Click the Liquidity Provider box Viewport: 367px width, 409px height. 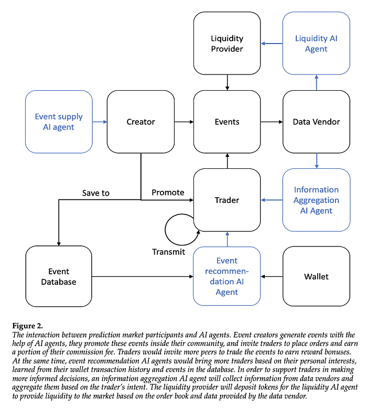point(227,44)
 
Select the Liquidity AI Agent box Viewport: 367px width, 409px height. point(316,44)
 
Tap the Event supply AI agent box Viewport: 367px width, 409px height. point(59,122)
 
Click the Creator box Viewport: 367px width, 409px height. point(141,122)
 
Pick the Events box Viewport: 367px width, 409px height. point(227,122)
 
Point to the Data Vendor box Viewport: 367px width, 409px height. point(316,122)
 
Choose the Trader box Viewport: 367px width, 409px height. point(227,200)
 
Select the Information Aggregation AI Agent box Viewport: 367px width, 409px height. point(316,200)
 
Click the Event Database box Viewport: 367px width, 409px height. point(59,276)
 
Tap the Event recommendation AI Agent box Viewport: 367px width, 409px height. point(227,276)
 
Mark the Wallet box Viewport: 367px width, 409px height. point(316,276)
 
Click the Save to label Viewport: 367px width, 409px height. point(96,193)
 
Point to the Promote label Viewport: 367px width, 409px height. point(168,192)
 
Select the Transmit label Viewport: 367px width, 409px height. point(168,252)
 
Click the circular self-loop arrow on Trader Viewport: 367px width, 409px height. point(165,230)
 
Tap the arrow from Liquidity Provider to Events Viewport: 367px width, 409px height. point(227,82)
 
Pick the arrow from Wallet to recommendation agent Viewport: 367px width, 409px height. point(272,276)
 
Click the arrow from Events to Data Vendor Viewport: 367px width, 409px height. point(272,122)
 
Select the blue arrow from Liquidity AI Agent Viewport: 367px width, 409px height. point(272,44)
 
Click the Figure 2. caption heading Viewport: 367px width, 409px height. point(28,326)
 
